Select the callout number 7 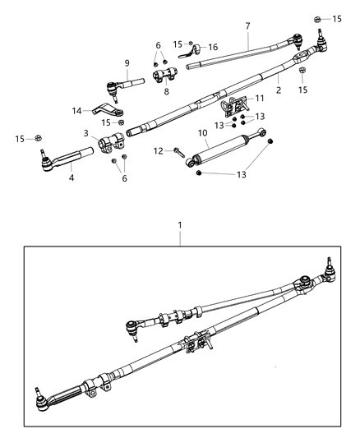[247, 27]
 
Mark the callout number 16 [213, 47]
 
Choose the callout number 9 [127, 63]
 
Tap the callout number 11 [260, 99]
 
